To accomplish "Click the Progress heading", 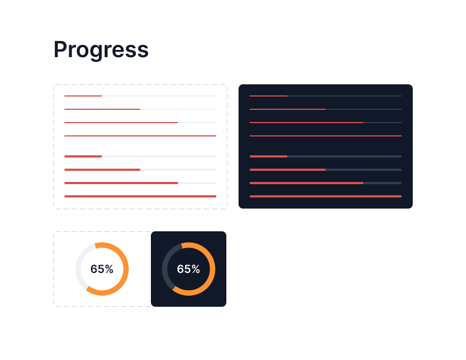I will click(x=101, y=49).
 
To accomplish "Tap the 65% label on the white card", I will click(x=102, y=269).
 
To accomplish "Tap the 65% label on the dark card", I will click(x=189, y=269).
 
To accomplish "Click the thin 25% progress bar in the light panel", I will click(x=140, y=96).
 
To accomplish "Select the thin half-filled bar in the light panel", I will click(x=140, y=109).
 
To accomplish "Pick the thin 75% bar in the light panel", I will click(x=140, y=123).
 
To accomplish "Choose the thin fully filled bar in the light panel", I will click(x=140, y=136).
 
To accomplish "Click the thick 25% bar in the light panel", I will click(x=140, y=156).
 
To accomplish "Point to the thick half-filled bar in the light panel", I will click(x=140, y=170).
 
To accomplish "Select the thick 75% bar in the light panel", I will click(x=140, y=183).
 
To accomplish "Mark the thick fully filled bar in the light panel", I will click(x=140, y=196).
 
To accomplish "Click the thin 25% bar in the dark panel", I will click(x=326, y=96).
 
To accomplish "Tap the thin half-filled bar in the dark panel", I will click(x=326, y=109).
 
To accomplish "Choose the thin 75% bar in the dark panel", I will click(x=326, y=123).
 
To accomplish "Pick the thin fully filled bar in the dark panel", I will click(x=326, y=136).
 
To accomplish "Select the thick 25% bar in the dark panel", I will click(x=326, y=156).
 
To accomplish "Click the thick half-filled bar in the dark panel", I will click(x=326, y=170).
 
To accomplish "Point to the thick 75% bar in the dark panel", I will click(x=326, y=183).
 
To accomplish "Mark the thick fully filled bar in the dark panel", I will click(x=326, y=196).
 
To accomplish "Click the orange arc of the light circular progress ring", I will click(x=125, y=269).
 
